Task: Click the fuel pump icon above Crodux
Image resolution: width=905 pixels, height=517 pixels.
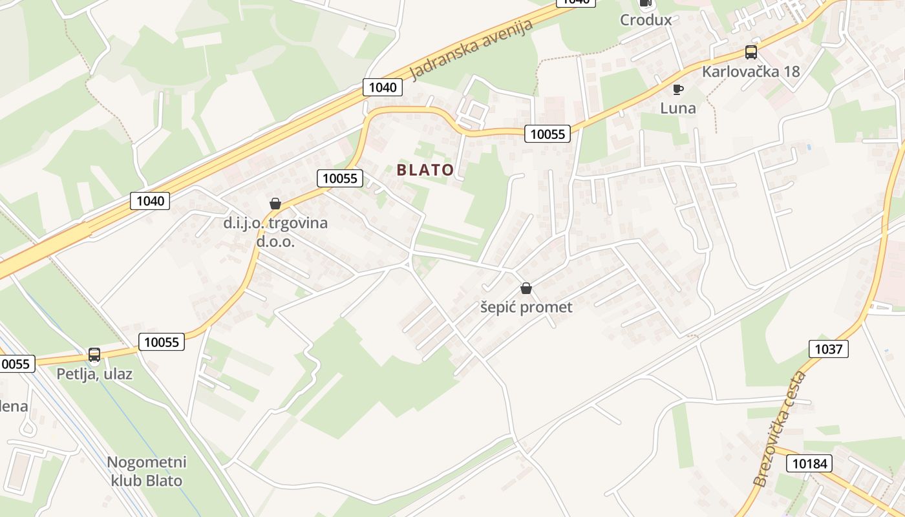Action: pyautogui.click(x=645, y=3)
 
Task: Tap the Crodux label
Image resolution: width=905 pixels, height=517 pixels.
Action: pyautogui.click(x=646, y=20)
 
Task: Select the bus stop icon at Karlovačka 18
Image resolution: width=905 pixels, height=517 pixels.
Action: pyautogui.click(x=751, y=52)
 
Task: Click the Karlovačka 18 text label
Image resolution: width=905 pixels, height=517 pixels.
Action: pyautogui.click(x=751, y=71)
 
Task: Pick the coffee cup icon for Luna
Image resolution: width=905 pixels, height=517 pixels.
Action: pyautogui.click(x=677, y=89)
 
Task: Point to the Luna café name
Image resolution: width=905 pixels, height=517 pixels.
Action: pyautogui.click(x=677, y=108)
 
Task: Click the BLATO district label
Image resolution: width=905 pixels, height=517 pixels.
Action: pyautogui.click(x=425, y=170)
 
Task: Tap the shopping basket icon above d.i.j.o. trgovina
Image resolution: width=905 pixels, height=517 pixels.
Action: pyautogui.click(x=275, y=204)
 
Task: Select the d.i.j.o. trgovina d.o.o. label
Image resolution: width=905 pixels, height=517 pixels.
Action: pyautogui.click(x=275, y=232)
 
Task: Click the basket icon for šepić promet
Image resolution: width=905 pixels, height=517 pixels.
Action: pyautogui.click(x=526, y=288)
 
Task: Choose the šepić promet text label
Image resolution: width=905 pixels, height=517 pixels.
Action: pyautogui.click(x=526, y=307)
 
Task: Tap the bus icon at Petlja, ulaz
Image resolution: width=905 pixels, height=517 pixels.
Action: pyautogui.click(x=94, y=355)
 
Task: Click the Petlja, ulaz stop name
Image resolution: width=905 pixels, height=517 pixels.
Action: pyautogui.click(x=94, y=374)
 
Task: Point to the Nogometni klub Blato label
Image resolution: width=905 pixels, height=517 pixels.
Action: pyautogui.click(x=147, y=471)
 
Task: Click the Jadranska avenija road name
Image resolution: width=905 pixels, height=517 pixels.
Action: pyautogui.click(x=472, y=50)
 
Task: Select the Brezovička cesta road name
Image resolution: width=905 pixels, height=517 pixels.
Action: pyautogui.click(x=780, y=429)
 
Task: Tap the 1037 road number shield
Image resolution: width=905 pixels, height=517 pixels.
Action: pyautogui.click(x=828, y=349)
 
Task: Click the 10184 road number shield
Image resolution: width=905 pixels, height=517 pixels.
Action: pyautogui.click(x=809, y=463)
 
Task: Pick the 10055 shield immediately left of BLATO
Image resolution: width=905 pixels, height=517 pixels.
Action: pyautogui.click(x=340, y=178)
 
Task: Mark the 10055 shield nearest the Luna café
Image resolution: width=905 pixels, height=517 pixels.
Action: pyautogui.click(x=547, y=134)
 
